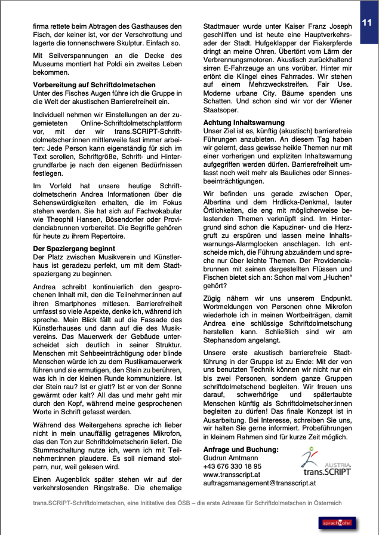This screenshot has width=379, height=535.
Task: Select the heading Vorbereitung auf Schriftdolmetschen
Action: (94, 85)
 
